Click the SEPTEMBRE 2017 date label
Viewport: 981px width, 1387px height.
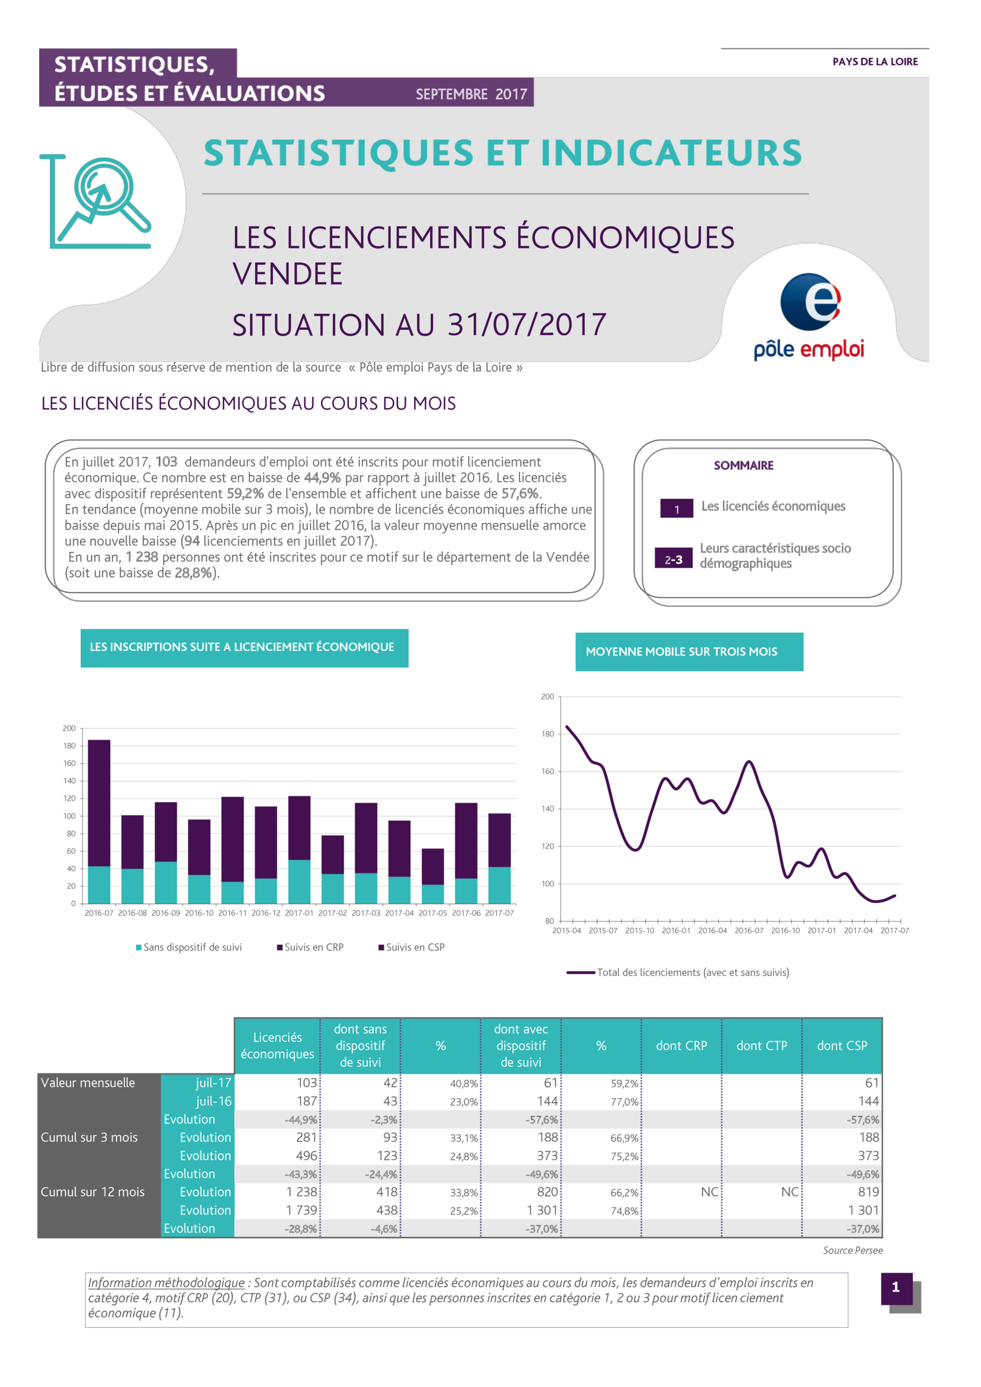coord(471,94)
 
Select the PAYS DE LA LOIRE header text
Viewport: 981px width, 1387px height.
coord(875,62)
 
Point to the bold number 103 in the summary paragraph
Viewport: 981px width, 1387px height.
coord(166,461)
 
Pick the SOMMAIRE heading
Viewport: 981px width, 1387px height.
coord(743,465)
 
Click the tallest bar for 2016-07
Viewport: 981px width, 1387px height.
coord(99,821)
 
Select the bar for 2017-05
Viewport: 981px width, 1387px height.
coord(432,876)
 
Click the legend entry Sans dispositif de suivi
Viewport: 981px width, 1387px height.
coord(189,947)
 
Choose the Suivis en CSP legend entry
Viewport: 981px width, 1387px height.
coord(412,947)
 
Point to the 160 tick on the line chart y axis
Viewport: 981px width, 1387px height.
coord(547,771)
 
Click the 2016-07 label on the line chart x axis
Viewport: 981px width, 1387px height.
coord(749,930)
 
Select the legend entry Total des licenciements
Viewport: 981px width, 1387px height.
coord(678,973)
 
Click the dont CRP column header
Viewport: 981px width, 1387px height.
coord(681,1045)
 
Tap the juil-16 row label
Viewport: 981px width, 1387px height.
coord(214,1101)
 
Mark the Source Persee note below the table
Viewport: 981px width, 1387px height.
coord(852,1251)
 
